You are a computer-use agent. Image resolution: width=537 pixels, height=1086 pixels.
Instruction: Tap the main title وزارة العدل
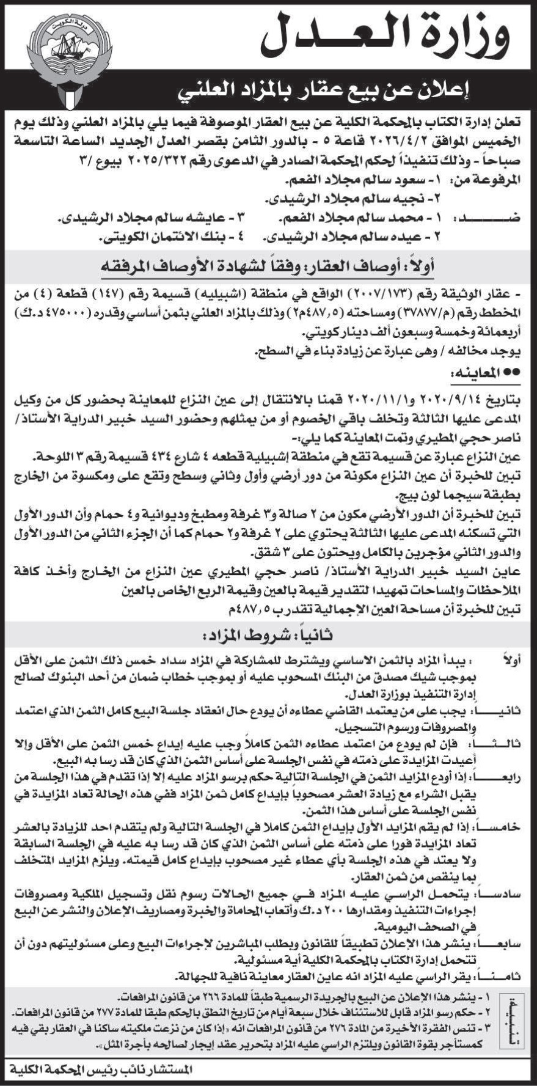pyautogui.click(x=385, y=37)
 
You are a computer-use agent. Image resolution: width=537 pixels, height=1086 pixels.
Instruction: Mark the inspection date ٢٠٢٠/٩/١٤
pyautogui.click(x=440, y=399)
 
